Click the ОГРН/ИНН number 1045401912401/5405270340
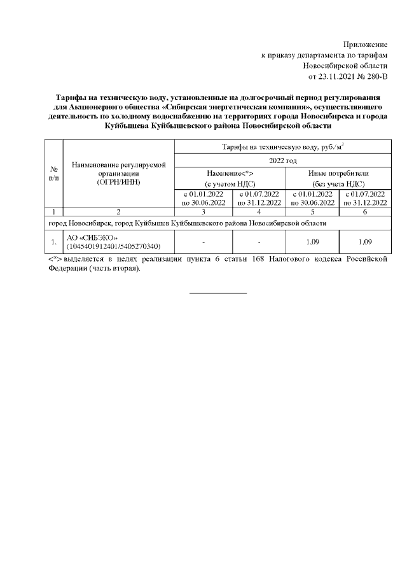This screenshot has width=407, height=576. coord(113,246)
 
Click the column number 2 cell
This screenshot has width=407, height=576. coord(118,211)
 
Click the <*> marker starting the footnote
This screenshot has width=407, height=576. coord(55,260)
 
